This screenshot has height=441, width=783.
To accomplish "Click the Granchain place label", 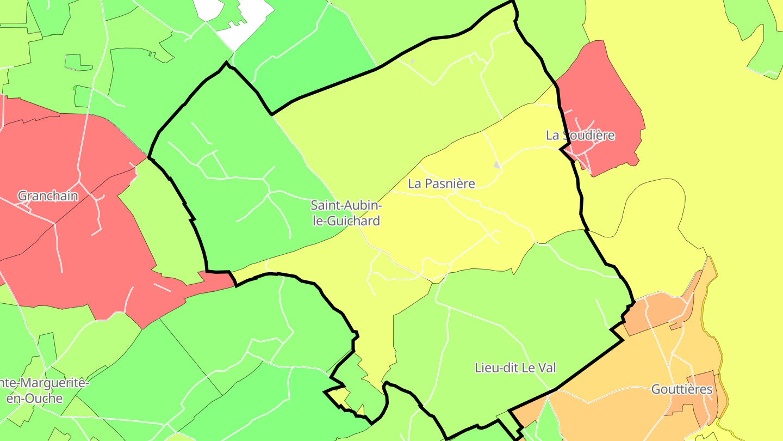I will pyautogui.click(x=48, y=196).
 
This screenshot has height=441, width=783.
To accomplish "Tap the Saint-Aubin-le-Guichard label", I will pyautogui.click(x=346, y=213).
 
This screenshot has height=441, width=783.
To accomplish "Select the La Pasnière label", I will pyautogui.click(x=442, y=183).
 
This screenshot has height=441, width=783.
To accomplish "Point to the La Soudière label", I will pyautogui.click(x=580, y=135).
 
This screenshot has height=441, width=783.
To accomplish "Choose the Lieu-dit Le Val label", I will pyautogui.click(x=515, y=367).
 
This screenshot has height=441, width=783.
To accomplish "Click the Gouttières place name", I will pyautogui.click(x=682, y=389).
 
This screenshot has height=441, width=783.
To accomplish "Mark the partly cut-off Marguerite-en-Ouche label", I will pyautogui.click(x=43, y=390).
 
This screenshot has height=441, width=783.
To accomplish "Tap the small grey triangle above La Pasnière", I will pyautogui.click(x=496, y=164).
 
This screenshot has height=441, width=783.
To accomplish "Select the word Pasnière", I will pyautogui.click(x=450, y=183).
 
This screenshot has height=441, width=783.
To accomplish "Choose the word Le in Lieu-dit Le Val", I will pyautogui.click(x=526, y=367).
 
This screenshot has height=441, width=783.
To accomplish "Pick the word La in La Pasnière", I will pyautogui.click(x=415, y=183).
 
